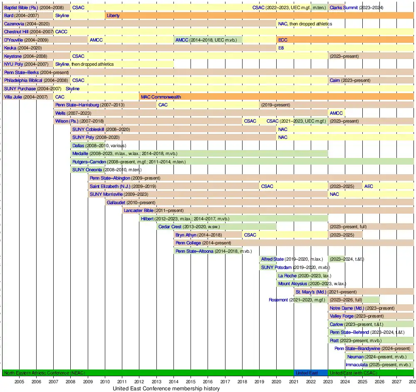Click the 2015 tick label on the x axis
click(191, 381)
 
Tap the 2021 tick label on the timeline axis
click(294, 381)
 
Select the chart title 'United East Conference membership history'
click(166, 389)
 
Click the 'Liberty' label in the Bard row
click(113, 16)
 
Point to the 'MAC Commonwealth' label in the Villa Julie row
click(161, 97)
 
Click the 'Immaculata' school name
click(357, 365)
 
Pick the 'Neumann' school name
click(355, 357)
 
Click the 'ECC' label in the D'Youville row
click(282, 40)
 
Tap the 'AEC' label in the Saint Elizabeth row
click(369, 186)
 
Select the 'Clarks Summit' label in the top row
click(344, 7)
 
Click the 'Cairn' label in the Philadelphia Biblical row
click(335, 80)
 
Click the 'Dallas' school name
click(78, 145)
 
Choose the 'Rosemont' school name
click(278, 300)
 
